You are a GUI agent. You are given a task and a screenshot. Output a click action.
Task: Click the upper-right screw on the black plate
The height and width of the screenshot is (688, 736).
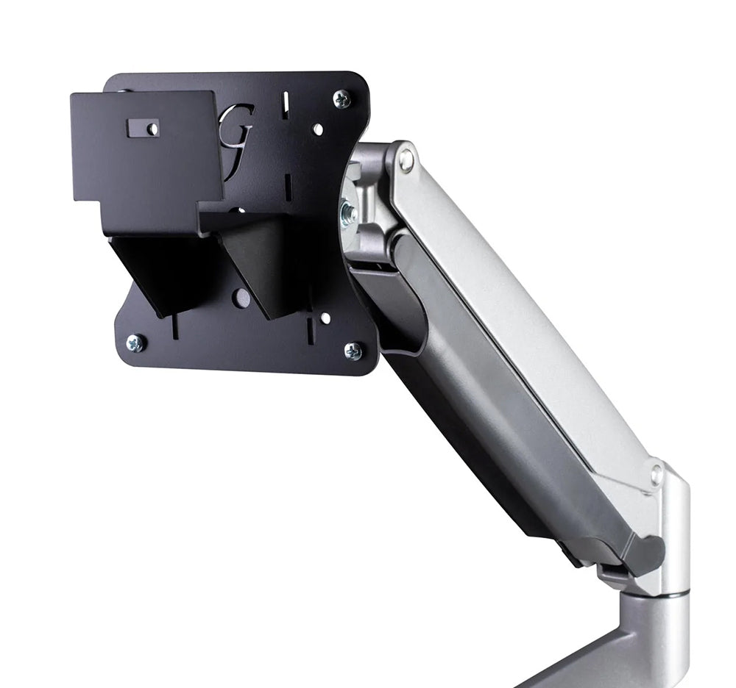point(342,98)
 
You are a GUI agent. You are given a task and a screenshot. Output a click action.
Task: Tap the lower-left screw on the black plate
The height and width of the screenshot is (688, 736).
point(135,342)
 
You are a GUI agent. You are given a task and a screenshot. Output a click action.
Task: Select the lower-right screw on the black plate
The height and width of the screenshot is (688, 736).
point(353,351)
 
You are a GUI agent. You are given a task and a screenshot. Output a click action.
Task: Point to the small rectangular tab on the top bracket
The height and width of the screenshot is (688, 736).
point(143,128)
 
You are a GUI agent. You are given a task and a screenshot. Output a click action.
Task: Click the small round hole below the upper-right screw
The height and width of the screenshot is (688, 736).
point(318,129)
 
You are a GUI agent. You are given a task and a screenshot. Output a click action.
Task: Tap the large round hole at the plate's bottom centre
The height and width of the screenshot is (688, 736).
point(241,297)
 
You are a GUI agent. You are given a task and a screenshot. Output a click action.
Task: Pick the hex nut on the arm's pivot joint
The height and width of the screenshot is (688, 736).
point(347,212)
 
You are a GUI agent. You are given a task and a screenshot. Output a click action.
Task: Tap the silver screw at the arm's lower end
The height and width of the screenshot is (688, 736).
point(657,473)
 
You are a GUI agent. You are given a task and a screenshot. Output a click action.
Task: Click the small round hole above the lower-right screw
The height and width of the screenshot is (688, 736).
point(325,318)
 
